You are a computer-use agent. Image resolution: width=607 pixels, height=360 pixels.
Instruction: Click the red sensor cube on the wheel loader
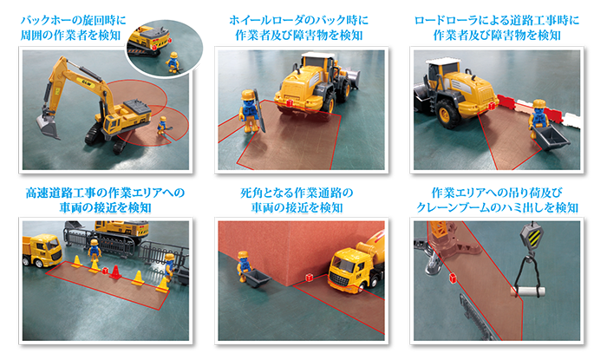click(x=287, y=103)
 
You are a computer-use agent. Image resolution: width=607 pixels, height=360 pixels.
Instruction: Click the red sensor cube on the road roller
click(x=491, y=105)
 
